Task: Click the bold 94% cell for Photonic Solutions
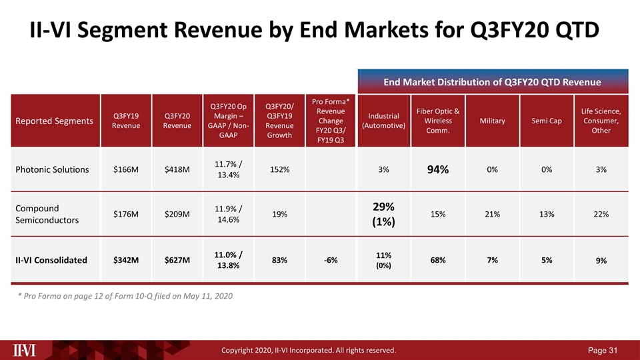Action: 438,170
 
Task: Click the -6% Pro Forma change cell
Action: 329,260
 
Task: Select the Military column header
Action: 492,121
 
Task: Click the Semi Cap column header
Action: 547,121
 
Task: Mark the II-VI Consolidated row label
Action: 52,260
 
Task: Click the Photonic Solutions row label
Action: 51,169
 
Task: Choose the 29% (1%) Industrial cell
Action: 383,213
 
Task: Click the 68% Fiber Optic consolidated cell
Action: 438,260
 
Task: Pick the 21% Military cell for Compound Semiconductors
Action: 492,213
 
